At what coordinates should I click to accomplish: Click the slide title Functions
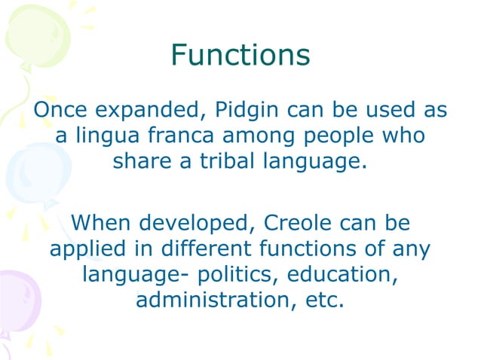point(240,55)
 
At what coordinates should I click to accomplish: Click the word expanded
point(142,111)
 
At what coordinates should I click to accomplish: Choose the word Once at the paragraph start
point(60,110)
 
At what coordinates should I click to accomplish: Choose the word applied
point(85,249)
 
